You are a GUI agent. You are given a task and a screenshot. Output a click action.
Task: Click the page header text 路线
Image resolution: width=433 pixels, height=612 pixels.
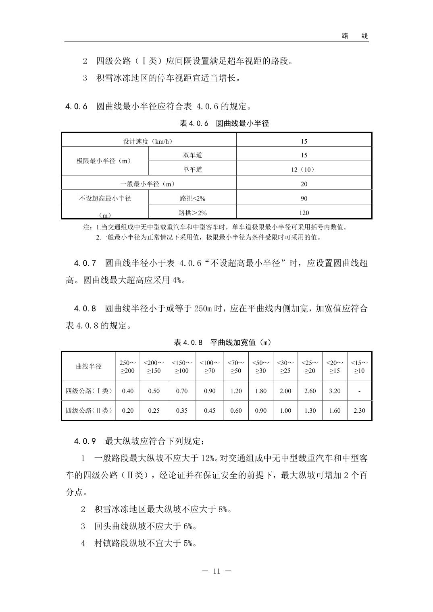pyautogui.click(x=355, y=36)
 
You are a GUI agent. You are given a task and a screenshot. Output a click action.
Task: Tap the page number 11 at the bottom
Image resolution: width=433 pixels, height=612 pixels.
pyautogui.click(x=216, y=571)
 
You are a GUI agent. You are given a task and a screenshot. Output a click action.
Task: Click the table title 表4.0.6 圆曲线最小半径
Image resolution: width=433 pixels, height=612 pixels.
pyautogui.click(x=224, y=124)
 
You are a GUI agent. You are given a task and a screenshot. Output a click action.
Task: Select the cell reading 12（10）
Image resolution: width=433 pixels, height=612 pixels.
pyautogui.click(x=304, y=170)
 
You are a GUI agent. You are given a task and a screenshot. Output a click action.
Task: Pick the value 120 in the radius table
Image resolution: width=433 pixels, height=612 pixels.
pyautogui.click(x=304, y=213)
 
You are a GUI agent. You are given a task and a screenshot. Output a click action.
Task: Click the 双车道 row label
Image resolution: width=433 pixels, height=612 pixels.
pyautogui.click(x=192, y=155)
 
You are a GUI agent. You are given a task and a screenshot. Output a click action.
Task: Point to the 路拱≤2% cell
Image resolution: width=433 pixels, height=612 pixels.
pyautogui.click(x=192, y=198)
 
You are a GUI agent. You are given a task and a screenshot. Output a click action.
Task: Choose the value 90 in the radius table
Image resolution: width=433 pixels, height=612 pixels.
pyautogui.click(x=304, y=198)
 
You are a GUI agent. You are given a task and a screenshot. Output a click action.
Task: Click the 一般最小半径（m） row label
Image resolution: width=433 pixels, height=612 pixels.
pyautogui.click(x=148, y=184)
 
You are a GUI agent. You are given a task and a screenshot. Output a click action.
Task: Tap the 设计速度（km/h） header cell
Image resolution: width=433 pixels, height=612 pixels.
pyautogui.click(x=148, y=141)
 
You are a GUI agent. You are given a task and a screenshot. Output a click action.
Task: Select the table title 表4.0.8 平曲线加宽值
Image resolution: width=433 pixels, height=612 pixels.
pyautogui.click(x=223, y=343)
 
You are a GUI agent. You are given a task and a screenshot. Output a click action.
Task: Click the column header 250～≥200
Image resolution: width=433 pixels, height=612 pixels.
pyautogui.click(x=128, y=366)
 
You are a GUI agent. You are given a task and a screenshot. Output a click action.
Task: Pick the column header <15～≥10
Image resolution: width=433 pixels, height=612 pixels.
pyautogui.click(x=359, y=366)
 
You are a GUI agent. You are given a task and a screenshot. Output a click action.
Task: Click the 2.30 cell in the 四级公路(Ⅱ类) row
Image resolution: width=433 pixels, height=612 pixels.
pyautogui.click(x=359, y=411)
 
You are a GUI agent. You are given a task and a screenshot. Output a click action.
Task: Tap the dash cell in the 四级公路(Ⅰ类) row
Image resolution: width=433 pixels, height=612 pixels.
pyautogui.click(x=359, y=391)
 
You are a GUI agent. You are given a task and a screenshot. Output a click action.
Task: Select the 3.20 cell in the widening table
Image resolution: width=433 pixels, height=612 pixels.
pyautogui.click(x=335, y=391)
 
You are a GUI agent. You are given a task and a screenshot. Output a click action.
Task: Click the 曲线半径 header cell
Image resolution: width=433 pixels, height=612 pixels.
pyautogui.click(x=89, y=366)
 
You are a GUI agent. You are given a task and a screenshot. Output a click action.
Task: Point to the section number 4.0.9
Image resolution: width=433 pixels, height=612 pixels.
pyautogui.click(x=85, y=441)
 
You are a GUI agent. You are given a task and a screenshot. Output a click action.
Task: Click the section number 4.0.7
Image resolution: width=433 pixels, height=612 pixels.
pyautogui.click(x=85, y=263)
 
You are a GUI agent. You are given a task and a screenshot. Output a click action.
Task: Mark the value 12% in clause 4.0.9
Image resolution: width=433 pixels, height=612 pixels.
pyautogui.click(x=208, y=458)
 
